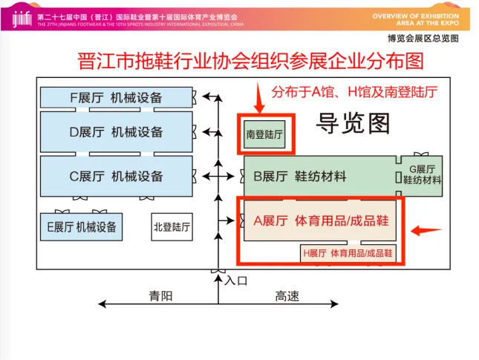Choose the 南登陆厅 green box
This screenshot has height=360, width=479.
(265, 134)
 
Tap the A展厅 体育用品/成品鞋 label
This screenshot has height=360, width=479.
(321, 220)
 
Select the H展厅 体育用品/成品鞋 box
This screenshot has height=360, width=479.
(347, 253)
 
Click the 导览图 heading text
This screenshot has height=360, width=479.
(353, 122)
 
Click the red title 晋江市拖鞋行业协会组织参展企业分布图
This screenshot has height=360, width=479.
(241, 61)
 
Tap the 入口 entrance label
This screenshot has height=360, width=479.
(235, 281)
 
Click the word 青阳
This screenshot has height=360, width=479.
(160, 295)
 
